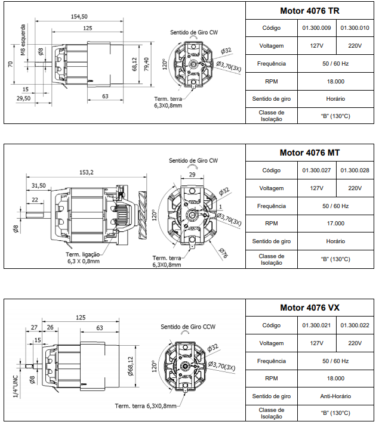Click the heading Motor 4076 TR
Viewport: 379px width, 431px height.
[310, 11]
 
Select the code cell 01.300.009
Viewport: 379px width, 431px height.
[316, 28]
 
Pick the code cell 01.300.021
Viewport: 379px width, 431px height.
[316, 325]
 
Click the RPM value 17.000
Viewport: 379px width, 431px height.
[335, 224]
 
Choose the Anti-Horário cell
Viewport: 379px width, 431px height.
[335, 396]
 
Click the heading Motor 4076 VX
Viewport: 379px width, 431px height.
[310, 308]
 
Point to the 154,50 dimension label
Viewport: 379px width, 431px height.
[79, 16]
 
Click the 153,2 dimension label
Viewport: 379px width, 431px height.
[87, 172]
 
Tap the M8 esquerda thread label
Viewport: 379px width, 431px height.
[23, 40]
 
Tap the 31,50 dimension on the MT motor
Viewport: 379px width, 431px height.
[39, 185]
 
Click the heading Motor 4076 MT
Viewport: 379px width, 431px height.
[310, 153]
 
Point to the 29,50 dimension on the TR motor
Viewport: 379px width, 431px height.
[24, 98]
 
